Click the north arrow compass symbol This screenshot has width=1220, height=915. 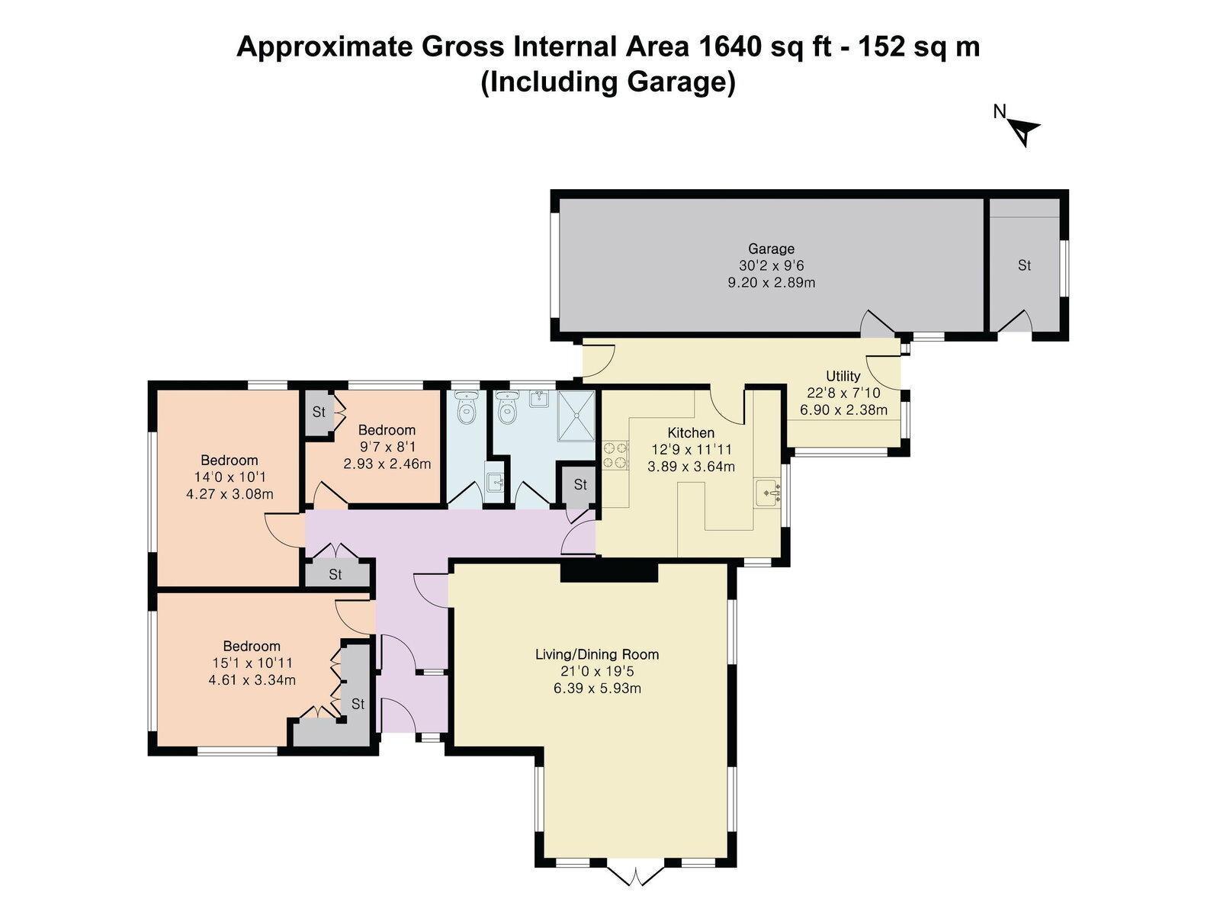pyautogui.click(x=1024, y=132)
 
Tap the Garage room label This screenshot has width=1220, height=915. pyautogui.click(x=771, y=249)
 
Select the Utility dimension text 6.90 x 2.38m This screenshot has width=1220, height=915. pyautogui.click(x=843, y=410)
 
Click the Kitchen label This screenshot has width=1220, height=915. pyautogui.click(x=691, y=433)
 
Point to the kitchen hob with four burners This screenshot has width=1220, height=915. pyautogui.click(x=615, y=455)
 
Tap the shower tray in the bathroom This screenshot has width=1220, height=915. pyautogui.click(x=576, y=416)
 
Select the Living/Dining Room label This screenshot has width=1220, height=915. pyautogui.click(x=597, y=654)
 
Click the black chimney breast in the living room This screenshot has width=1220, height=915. pyautogui.click(x=608, y=572)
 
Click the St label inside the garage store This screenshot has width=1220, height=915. pyautogui.click(x=1024, y=265)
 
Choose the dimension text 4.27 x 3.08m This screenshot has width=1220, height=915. pyautogui.click(x=230, y=494)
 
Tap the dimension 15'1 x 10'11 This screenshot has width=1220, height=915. pyautogui.click(x=252, y=663)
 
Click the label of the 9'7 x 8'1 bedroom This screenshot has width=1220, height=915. pyautogui.click(x=387, y=430)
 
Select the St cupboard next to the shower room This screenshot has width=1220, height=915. pyautogui.click(x=580, y=485)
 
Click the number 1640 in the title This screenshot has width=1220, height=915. pyautogui.click(x=728, y=47)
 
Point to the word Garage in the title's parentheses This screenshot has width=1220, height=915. pyautogui.click(x=669, y=82)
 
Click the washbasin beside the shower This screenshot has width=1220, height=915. pyautogui.click(x=538, y=398)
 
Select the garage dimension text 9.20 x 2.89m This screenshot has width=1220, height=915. pyautogui.click(x=772, y=283)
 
